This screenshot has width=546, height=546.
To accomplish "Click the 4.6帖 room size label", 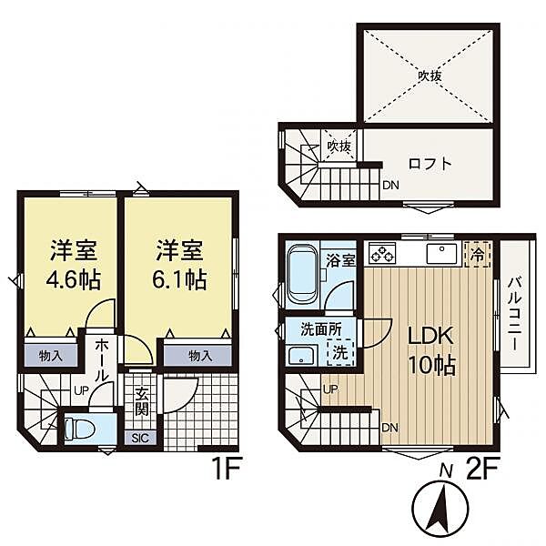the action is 74,280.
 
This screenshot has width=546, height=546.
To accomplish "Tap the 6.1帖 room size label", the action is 179,279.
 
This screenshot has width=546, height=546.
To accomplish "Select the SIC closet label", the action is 141,438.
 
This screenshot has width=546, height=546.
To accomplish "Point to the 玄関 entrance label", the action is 141,401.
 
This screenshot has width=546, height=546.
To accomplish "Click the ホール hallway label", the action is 102,359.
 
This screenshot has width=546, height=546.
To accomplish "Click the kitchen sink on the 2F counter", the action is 441,253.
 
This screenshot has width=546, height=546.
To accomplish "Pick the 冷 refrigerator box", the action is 478,254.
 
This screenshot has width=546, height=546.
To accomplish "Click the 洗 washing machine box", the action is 340,352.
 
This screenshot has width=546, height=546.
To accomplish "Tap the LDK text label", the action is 430,337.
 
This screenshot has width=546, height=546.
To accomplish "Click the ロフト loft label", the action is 430,164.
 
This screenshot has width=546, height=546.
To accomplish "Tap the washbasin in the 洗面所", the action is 301,356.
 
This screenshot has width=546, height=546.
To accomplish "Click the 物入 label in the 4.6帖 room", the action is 51,356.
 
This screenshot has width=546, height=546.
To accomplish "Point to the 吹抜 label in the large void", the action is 430,76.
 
